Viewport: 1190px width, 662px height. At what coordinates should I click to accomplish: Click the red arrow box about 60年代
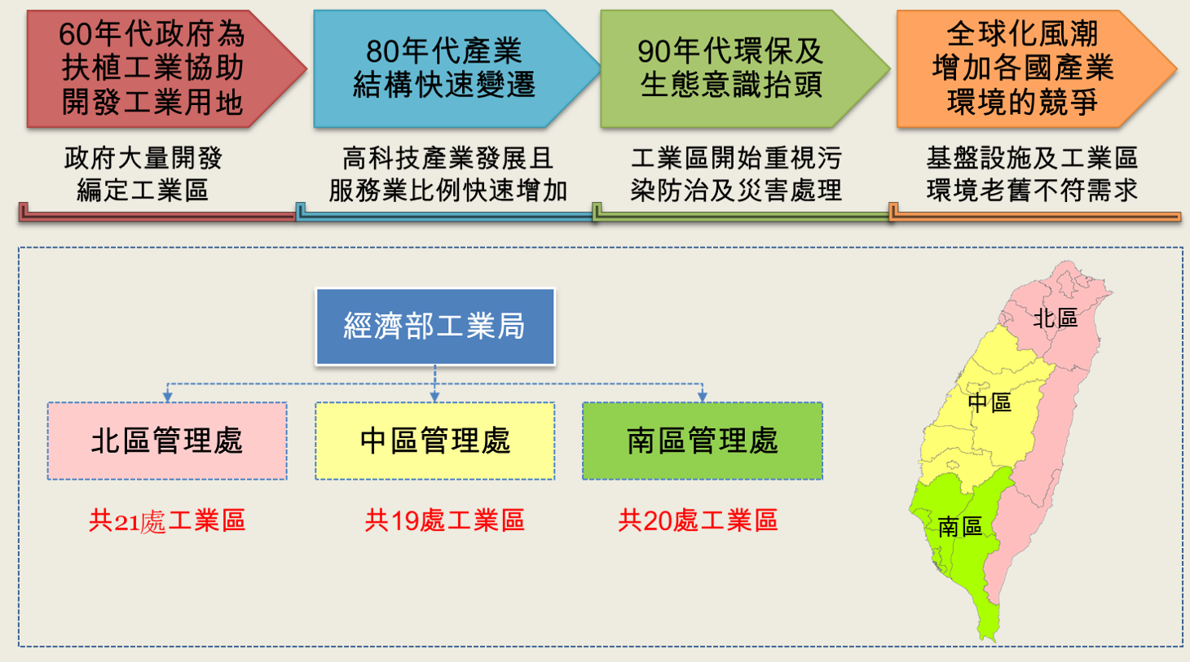(160, 68)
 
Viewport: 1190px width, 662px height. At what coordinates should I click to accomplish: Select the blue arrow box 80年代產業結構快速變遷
(452, 68)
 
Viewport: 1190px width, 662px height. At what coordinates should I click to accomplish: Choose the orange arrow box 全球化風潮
(1030, 68)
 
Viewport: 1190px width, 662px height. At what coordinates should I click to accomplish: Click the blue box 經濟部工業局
(435, 327)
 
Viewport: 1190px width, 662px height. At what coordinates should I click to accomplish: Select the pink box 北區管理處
(167, 441)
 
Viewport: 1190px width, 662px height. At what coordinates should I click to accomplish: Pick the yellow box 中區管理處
(435, 441)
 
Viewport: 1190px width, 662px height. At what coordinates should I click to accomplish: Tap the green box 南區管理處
(703, 441)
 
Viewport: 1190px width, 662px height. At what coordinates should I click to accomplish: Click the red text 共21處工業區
(167, 520)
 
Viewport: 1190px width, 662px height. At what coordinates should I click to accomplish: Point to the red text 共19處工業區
(445, 520)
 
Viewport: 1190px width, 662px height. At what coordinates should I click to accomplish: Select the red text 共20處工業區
(698, 520)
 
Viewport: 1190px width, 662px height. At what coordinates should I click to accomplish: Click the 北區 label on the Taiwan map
(1055, 318)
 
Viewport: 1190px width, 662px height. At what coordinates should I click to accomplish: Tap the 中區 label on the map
(989, 403)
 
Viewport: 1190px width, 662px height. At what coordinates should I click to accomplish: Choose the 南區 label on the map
(960, 527)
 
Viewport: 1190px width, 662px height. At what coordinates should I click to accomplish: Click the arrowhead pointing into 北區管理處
(167, 397)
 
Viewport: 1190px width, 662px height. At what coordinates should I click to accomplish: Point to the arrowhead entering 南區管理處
(703, 397)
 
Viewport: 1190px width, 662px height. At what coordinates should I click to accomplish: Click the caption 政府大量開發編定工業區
(143, 174)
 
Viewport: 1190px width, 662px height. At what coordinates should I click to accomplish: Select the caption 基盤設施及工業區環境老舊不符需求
(1032, 174)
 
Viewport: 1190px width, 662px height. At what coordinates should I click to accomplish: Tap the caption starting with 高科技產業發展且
(447, 174)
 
